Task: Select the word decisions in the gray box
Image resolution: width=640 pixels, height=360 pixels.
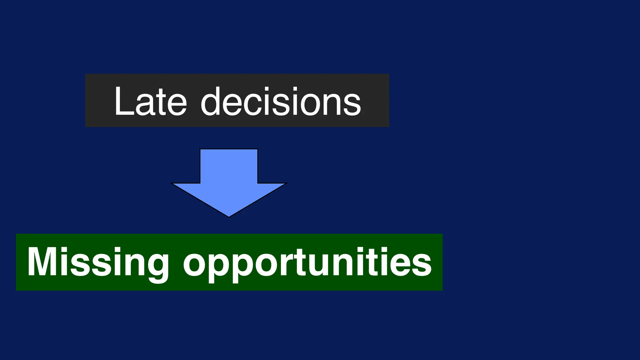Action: tap(281, 102)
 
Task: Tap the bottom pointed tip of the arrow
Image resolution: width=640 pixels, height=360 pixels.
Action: tap(229, 216)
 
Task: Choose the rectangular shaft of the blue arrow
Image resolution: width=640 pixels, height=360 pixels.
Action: tap(229, 166)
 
